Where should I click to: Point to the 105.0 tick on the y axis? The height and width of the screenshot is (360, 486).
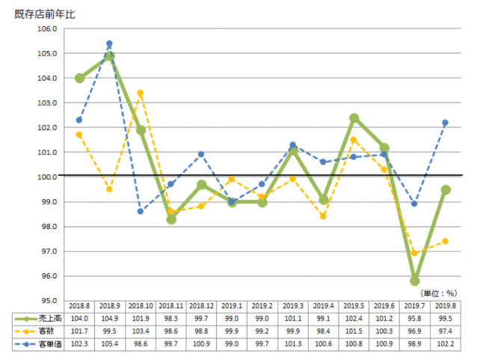coord(48,53)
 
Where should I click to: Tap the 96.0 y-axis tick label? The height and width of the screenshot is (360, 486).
coord(48,276)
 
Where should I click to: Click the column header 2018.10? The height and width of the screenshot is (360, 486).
coord(141,305)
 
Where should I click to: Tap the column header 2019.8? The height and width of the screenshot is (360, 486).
coord(446,305)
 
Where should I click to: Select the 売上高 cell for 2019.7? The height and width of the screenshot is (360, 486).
coord(415,317)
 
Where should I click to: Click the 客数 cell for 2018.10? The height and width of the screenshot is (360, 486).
coord(141,330)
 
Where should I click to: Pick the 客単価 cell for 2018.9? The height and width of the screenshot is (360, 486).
coord(109,343)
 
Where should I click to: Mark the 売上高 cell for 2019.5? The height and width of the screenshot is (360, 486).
coord(354,317)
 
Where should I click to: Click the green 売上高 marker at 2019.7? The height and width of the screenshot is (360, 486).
coord(415,281)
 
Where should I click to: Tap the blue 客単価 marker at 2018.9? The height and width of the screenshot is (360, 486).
coord(109,43)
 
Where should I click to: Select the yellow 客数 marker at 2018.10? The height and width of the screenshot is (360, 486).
coord(141,93)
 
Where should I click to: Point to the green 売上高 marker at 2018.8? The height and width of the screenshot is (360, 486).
coord(79,78)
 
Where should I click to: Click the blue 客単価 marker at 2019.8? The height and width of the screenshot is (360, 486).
coord(446,123)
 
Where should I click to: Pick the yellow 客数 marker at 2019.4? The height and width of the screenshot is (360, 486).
coord(324,216)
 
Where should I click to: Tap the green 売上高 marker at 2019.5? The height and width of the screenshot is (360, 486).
coord(354,118)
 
